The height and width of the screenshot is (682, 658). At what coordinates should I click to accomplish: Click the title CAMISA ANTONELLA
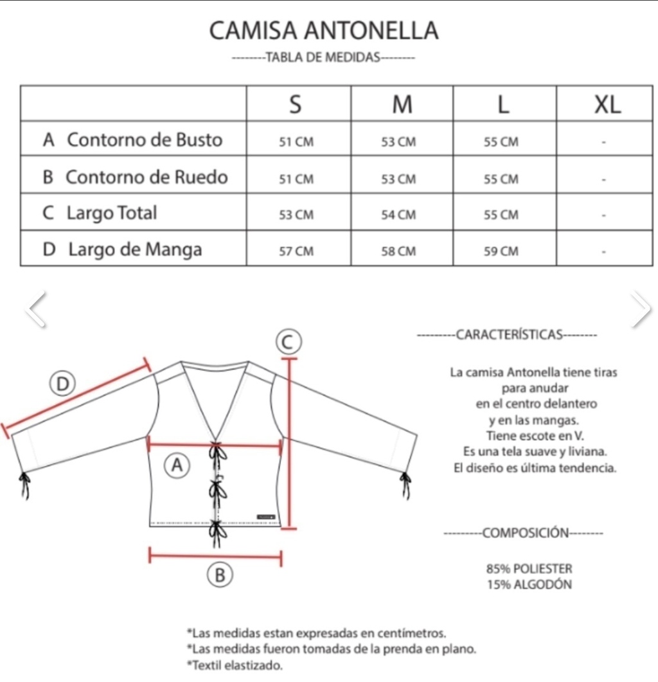(x=324, y=31)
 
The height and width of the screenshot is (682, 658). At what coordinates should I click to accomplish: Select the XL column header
(x=607, y=104)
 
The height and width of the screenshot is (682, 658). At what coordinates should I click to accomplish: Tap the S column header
(x=296, y=104)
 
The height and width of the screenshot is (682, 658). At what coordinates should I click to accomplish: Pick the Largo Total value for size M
(x=398, y=215)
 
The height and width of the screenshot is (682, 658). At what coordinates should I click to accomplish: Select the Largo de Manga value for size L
(x=501, y=251)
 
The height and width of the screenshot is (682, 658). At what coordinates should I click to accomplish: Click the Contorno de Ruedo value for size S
(x=296, y=179)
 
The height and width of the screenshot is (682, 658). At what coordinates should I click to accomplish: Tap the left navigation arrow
(x=37, y=309)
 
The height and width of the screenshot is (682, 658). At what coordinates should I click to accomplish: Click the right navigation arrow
(x=641, y=309)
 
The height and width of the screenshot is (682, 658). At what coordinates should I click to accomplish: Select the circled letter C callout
(x=289, y=342)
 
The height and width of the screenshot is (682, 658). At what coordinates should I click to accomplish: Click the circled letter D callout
(x=62, y=384)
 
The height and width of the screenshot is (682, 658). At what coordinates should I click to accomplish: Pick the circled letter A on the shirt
(x=177, y=465)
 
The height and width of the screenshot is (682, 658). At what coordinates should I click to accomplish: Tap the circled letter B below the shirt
(x=220, y=575)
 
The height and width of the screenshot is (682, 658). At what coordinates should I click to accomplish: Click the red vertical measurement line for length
(x=290, y=444)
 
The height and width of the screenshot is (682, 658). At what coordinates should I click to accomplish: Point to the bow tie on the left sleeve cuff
(x=25, y=485)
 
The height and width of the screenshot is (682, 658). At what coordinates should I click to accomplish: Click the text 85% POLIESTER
(x=529, y=569)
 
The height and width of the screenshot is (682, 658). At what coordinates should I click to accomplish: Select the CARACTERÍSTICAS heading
(x=509, y=335)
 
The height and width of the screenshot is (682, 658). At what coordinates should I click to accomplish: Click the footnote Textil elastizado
(x=235, y=665)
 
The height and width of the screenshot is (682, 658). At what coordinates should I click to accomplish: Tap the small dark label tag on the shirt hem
(x=266, y=517)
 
